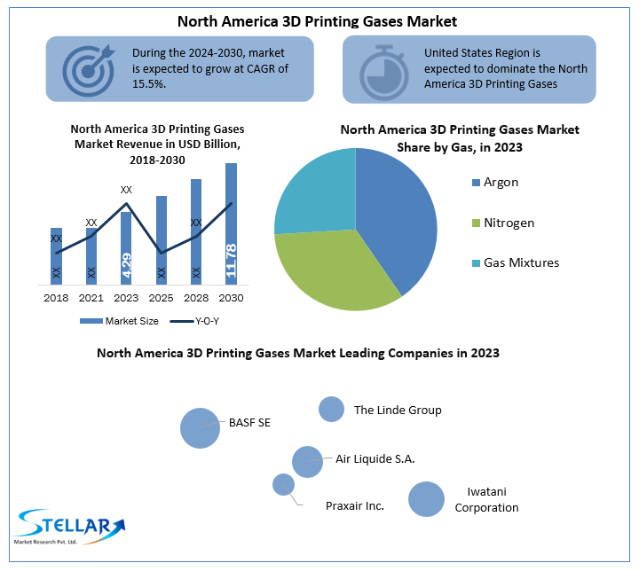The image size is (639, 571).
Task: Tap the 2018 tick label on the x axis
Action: click(56, 298)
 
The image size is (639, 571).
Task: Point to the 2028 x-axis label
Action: click(196, 298)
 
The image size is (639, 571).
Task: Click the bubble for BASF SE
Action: click(200, 428)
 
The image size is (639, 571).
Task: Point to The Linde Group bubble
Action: click(331, 409)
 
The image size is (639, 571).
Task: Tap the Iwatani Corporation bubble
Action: click(426, 499)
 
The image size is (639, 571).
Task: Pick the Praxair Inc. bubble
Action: click(283, 484)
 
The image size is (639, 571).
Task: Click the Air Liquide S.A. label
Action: click(375, 458)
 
